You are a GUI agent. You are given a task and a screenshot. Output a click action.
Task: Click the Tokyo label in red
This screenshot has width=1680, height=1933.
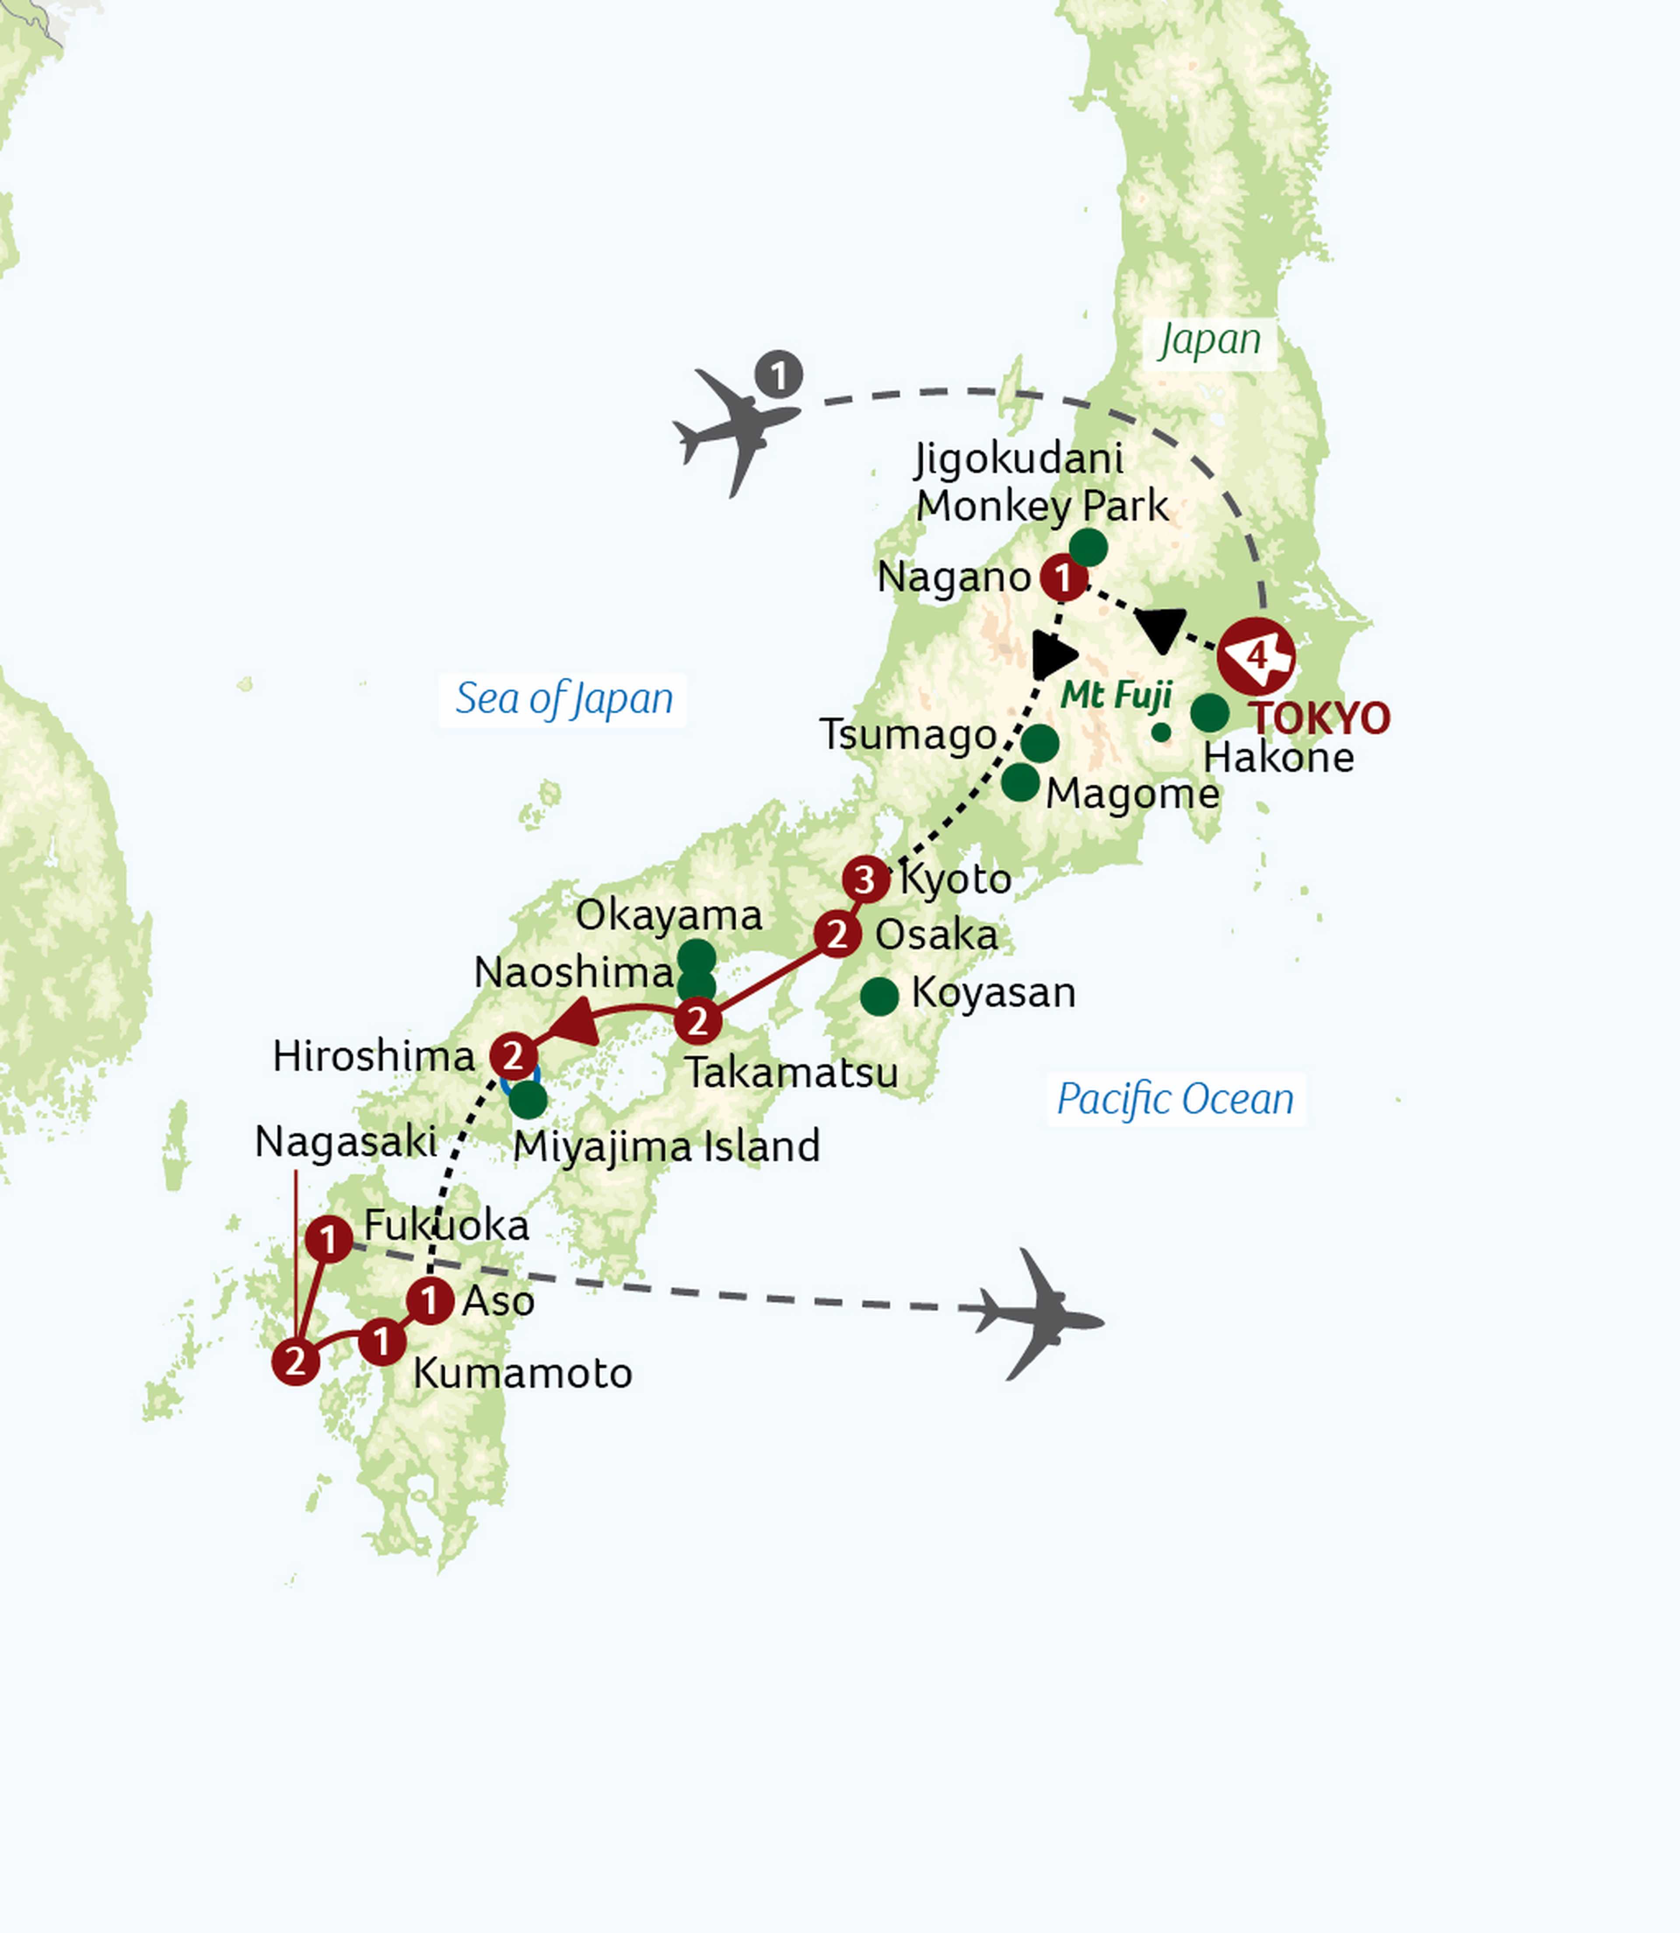1320,718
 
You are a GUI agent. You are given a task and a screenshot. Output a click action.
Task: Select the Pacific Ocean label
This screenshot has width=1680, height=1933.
1175,1099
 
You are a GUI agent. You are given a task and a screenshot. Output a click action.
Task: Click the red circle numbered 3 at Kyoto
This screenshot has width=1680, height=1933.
864,879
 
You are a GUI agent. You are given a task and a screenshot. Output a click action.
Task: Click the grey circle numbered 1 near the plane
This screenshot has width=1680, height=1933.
778,375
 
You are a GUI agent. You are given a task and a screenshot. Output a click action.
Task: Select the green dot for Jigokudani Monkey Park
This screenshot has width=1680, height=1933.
1088,547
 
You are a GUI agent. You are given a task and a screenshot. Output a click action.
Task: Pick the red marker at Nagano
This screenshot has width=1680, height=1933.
1062,578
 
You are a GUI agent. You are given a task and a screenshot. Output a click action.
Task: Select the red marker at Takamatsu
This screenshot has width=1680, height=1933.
697,1021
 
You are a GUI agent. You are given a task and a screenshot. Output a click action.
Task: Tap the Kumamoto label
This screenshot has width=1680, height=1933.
522,1373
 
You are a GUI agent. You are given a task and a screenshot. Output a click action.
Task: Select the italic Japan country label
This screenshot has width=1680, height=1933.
1209,340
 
